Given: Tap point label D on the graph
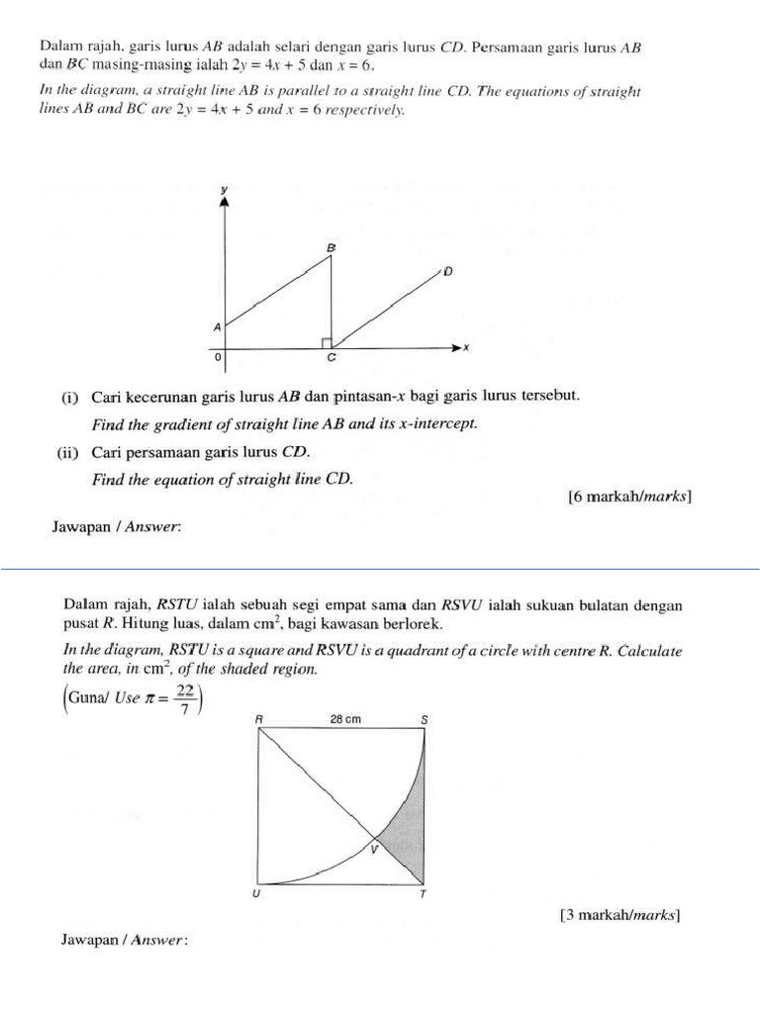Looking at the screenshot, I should (447, 271).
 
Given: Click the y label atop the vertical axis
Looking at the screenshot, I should (225, 188).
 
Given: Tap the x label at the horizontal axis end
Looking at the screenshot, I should (465, 347).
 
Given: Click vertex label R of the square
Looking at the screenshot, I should (259, 721).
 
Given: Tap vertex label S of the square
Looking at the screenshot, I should (425, 721).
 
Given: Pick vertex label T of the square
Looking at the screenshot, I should (425, 894).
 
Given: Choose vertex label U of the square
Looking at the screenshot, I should (257, 894).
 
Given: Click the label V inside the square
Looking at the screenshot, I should (373, 848).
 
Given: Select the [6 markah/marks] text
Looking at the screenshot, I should (628, 497).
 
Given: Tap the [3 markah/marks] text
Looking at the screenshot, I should (620, 915).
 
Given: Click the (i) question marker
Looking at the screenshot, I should (69, 397).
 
